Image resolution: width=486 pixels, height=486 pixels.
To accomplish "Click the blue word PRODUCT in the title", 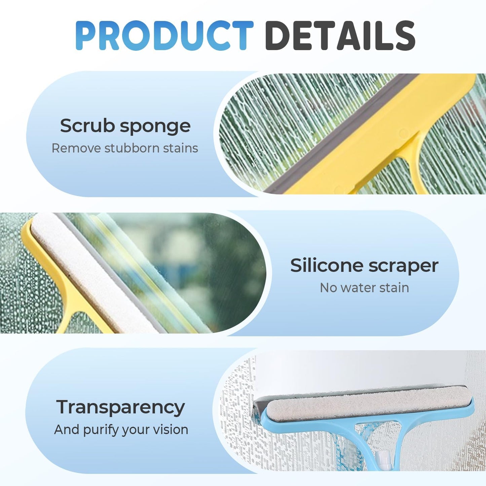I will coord(164,35).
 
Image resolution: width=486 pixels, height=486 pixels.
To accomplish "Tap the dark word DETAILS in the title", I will coord(340,35).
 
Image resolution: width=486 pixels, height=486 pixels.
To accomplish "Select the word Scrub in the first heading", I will coord(87,126).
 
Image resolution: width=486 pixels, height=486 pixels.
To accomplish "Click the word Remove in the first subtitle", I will coord(76,148).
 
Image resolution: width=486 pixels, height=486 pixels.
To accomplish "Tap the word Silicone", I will coord(327,265).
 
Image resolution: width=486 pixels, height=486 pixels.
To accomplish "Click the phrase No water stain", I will coord(364,288).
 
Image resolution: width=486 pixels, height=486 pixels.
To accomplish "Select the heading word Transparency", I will coord(120,408).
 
